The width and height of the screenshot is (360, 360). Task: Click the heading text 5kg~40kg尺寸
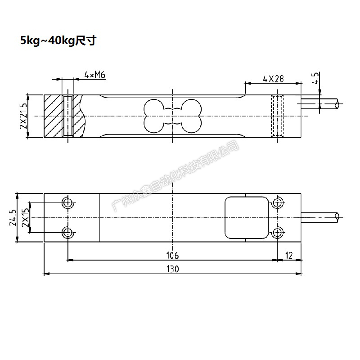click(58, 41)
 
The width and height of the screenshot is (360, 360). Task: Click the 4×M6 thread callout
click(95, 75)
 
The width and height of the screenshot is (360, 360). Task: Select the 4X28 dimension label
click(273, 79)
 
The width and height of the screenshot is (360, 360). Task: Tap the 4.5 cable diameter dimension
click(316, 78)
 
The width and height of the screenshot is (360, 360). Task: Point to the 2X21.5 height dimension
click(24, 116)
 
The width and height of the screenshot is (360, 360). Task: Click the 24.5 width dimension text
click(13, 217)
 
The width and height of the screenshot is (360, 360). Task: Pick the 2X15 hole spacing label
click(26, 217)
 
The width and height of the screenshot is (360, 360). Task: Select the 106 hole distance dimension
click(172, 255)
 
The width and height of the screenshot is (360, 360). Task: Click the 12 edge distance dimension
click(289, 255)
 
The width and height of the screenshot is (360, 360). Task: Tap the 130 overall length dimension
click(173, 269)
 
